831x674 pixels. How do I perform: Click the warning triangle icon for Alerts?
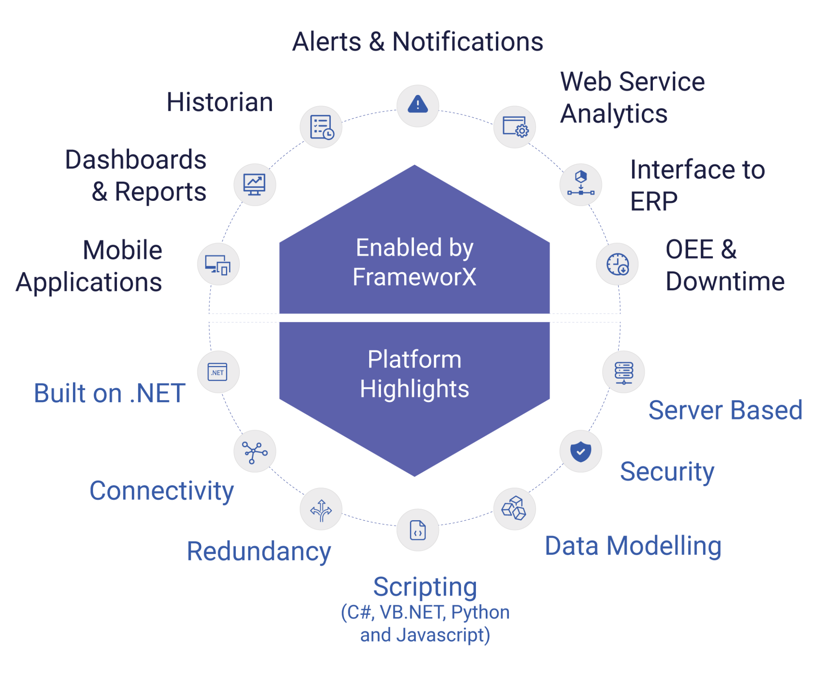coord(418,106)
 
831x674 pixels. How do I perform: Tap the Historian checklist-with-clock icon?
coord(321,127)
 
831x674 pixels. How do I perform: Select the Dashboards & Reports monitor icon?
coord(254,185)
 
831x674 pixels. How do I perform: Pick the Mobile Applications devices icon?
coord(218,264)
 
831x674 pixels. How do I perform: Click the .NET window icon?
coord(218,372)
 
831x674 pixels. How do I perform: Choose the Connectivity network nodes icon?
coord(254,451)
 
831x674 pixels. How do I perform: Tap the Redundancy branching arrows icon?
coord(321,509)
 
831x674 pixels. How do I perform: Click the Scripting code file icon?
coord(418,530)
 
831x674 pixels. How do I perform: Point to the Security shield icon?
coord(581,451)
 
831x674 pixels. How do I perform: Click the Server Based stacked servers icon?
coord(624,372)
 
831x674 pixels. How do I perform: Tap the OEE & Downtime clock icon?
coord(617,264)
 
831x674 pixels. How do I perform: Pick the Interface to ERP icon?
coord(581,185)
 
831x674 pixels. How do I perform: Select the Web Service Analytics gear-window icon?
coord(515,127)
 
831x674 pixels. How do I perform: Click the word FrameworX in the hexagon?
coord(414,277)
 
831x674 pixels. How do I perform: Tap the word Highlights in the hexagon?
coord(414,389)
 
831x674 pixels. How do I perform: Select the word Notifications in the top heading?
coord(467,42)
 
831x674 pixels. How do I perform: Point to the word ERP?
coord(653,202)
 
